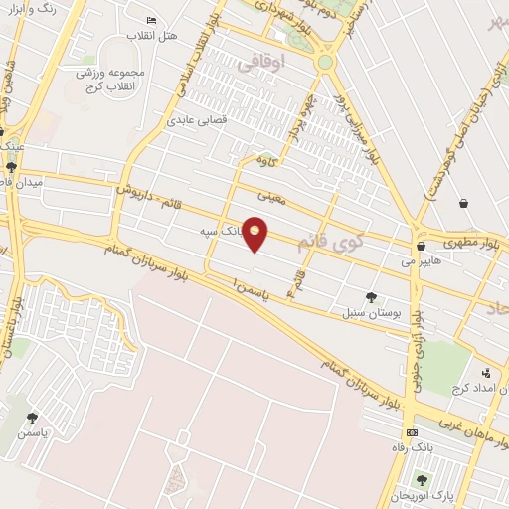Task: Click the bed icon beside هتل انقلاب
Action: click(151, 20)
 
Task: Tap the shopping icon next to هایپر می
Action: click(422, 246)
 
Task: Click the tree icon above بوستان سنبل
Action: click(372, 296)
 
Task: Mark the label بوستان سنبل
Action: click(374, 312)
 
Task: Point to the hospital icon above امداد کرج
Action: click(485, 372)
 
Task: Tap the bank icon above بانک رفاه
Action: click(412, 433)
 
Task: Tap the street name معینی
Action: click(270, 197)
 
